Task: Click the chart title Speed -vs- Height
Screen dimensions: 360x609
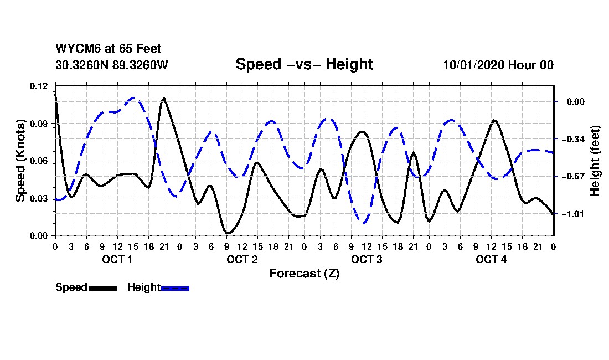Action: (304, 64)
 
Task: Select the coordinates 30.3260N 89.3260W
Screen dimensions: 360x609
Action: (111, 65)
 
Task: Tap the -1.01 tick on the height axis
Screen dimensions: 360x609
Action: (577, 214)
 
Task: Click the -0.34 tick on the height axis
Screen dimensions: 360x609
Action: (577, 139)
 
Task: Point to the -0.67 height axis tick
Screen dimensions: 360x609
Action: (577, 177)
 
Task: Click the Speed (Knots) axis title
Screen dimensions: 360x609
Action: (20, 161)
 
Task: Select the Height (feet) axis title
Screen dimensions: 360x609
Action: (596, 161)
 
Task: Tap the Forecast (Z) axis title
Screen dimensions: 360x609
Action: (304, 274)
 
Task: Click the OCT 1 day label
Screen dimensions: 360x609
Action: (117, 259)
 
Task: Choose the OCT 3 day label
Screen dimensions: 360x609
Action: (367, 259)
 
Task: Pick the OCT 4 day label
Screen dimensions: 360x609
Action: (491, 259)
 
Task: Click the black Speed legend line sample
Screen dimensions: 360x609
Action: (103, 288)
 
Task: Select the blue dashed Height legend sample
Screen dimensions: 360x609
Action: (176, 288)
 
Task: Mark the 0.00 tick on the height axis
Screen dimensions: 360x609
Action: (575, 102)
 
